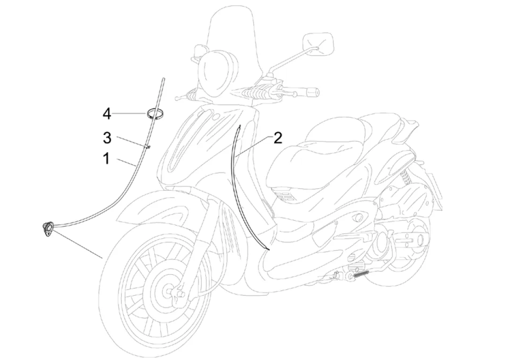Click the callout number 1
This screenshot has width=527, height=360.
pos(107,159)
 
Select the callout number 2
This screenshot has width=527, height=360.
pos(278,138)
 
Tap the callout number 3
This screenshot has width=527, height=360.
pos(107,138)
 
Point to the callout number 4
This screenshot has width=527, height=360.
pos(107,113)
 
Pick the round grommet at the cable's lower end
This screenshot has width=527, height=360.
pos(48,230)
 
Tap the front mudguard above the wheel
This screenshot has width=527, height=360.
pos(155,206)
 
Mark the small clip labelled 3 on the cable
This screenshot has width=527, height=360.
pos(148,147)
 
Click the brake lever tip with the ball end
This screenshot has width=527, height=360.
pos(177,98)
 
